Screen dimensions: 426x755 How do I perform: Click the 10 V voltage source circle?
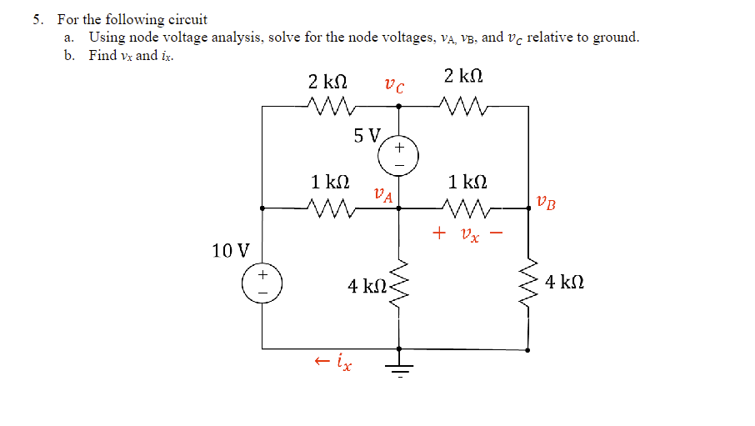pyautogui.click(x=262, y=283)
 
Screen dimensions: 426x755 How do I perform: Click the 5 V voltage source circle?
pyautogui.click(x=398, y=155)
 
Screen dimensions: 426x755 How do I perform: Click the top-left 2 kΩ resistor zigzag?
pyautogui.click(x=331, y=106)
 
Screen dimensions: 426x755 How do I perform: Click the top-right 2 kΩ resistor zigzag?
pyautogui.click(x=463, y=106)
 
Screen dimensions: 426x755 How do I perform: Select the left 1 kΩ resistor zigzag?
pyautogui.click(x=331, y=208)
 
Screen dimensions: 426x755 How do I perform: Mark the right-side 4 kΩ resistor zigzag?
pyautogui.click(x=529, y=283)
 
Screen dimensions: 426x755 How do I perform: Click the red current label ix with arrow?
pyautogui.click(x=333, y=362)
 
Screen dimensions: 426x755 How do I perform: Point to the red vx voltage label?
pyautogui.click(x=468, y=234)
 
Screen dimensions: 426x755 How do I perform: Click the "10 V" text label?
pyautogui.click(x=231, y=249)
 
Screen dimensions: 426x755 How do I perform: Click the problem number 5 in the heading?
pyautogui.click(x=37, y=19)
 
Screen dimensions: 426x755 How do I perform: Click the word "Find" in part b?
pyautogui.click(x=102, y=56)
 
